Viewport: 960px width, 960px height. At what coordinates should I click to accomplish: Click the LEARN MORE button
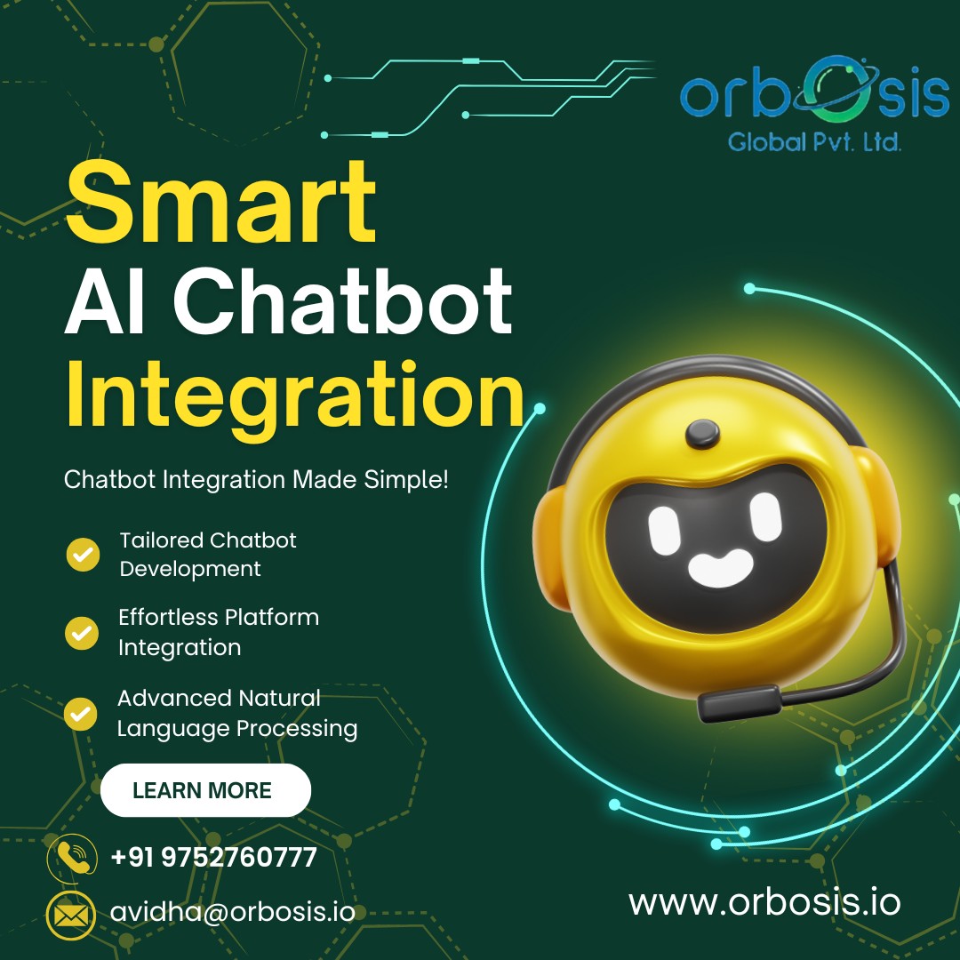tap(205, 790)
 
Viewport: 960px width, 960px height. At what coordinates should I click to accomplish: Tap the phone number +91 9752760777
tap(213, 857)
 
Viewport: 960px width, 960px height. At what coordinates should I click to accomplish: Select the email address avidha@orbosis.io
tap(233, 912)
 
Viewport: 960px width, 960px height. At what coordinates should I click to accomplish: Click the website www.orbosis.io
tap(764, 902)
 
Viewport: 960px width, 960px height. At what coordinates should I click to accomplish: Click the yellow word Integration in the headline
tap(294, 395)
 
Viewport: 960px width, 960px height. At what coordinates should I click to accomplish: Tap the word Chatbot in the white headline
tap(343, 301)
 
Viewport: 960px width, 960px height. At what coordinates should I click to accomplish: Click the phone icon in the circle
tap(72, 857)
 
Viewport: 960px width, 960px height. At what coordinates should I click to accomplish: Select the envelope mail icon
tap(71, 916)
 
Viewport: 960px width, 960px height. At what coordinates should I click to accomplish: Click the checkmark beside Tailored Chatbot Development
tap(84, 555)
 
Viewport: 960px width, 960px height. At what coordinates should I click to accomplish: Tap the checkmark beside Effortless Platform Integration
tap(82, 633)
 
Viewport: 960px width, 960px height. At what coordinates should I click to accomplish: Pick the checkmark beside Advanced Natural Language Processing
tap(81, 714)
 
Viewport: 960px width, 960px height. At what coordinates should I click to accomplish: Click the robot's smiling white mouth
tap(720, 568)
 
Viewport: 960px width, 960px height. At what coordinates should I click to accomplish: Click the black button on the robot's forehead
tap(702, 434)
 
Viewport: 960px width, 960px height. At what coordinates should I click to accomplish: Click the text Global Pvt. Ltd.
tap(814, 142)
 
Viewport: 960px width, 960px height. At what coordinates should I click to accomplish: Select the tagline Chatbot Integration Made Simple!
tap(256, 479)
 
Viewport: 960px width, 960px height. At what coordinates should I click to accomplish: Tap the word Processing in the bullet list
tap(297, 729)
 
